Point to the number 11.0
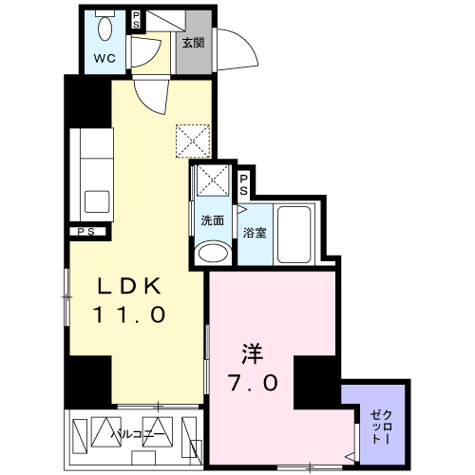(130, 313)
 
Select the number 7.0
(254, 384)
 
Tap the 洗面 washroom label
(212, 221)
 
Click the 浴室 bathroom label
(253, 232)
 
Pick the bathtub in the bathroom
(295, 233)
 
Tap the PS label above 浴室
(243, 181)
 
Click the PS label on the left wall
(86, 231)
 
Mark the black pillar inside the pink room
(315, 380)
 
